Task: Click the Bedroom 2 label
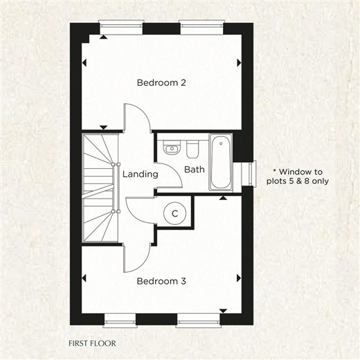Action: click(161, 82)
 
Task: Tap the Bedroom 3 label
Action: click(161, 281)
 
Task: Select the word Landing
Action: click(141, 174)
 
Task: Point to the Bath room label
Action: click(195, 170)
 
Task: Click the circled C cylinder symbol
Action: click(174, 213)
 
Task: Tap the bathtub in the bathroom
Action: click(221, 162)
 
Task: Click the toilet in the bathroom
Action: click(192, 149)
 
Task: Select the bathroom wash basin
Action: click(172, 147)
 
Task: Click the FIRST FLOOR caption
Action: click(92, 343)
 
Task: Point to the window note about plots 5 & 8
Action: click(298, 177)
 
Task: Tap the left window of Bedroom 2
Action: click(121, 28)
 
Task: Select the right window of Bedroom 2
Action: click(201, 28)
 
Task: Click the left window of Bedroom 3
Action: click(120, 321)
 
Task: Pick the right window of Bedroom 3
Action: click(199, 321)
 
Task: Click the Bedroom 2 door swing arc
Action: click(143, 113)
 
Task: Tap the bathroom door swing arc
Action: click(176, 172)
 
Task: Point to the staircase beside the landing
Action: click(100, 188)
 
